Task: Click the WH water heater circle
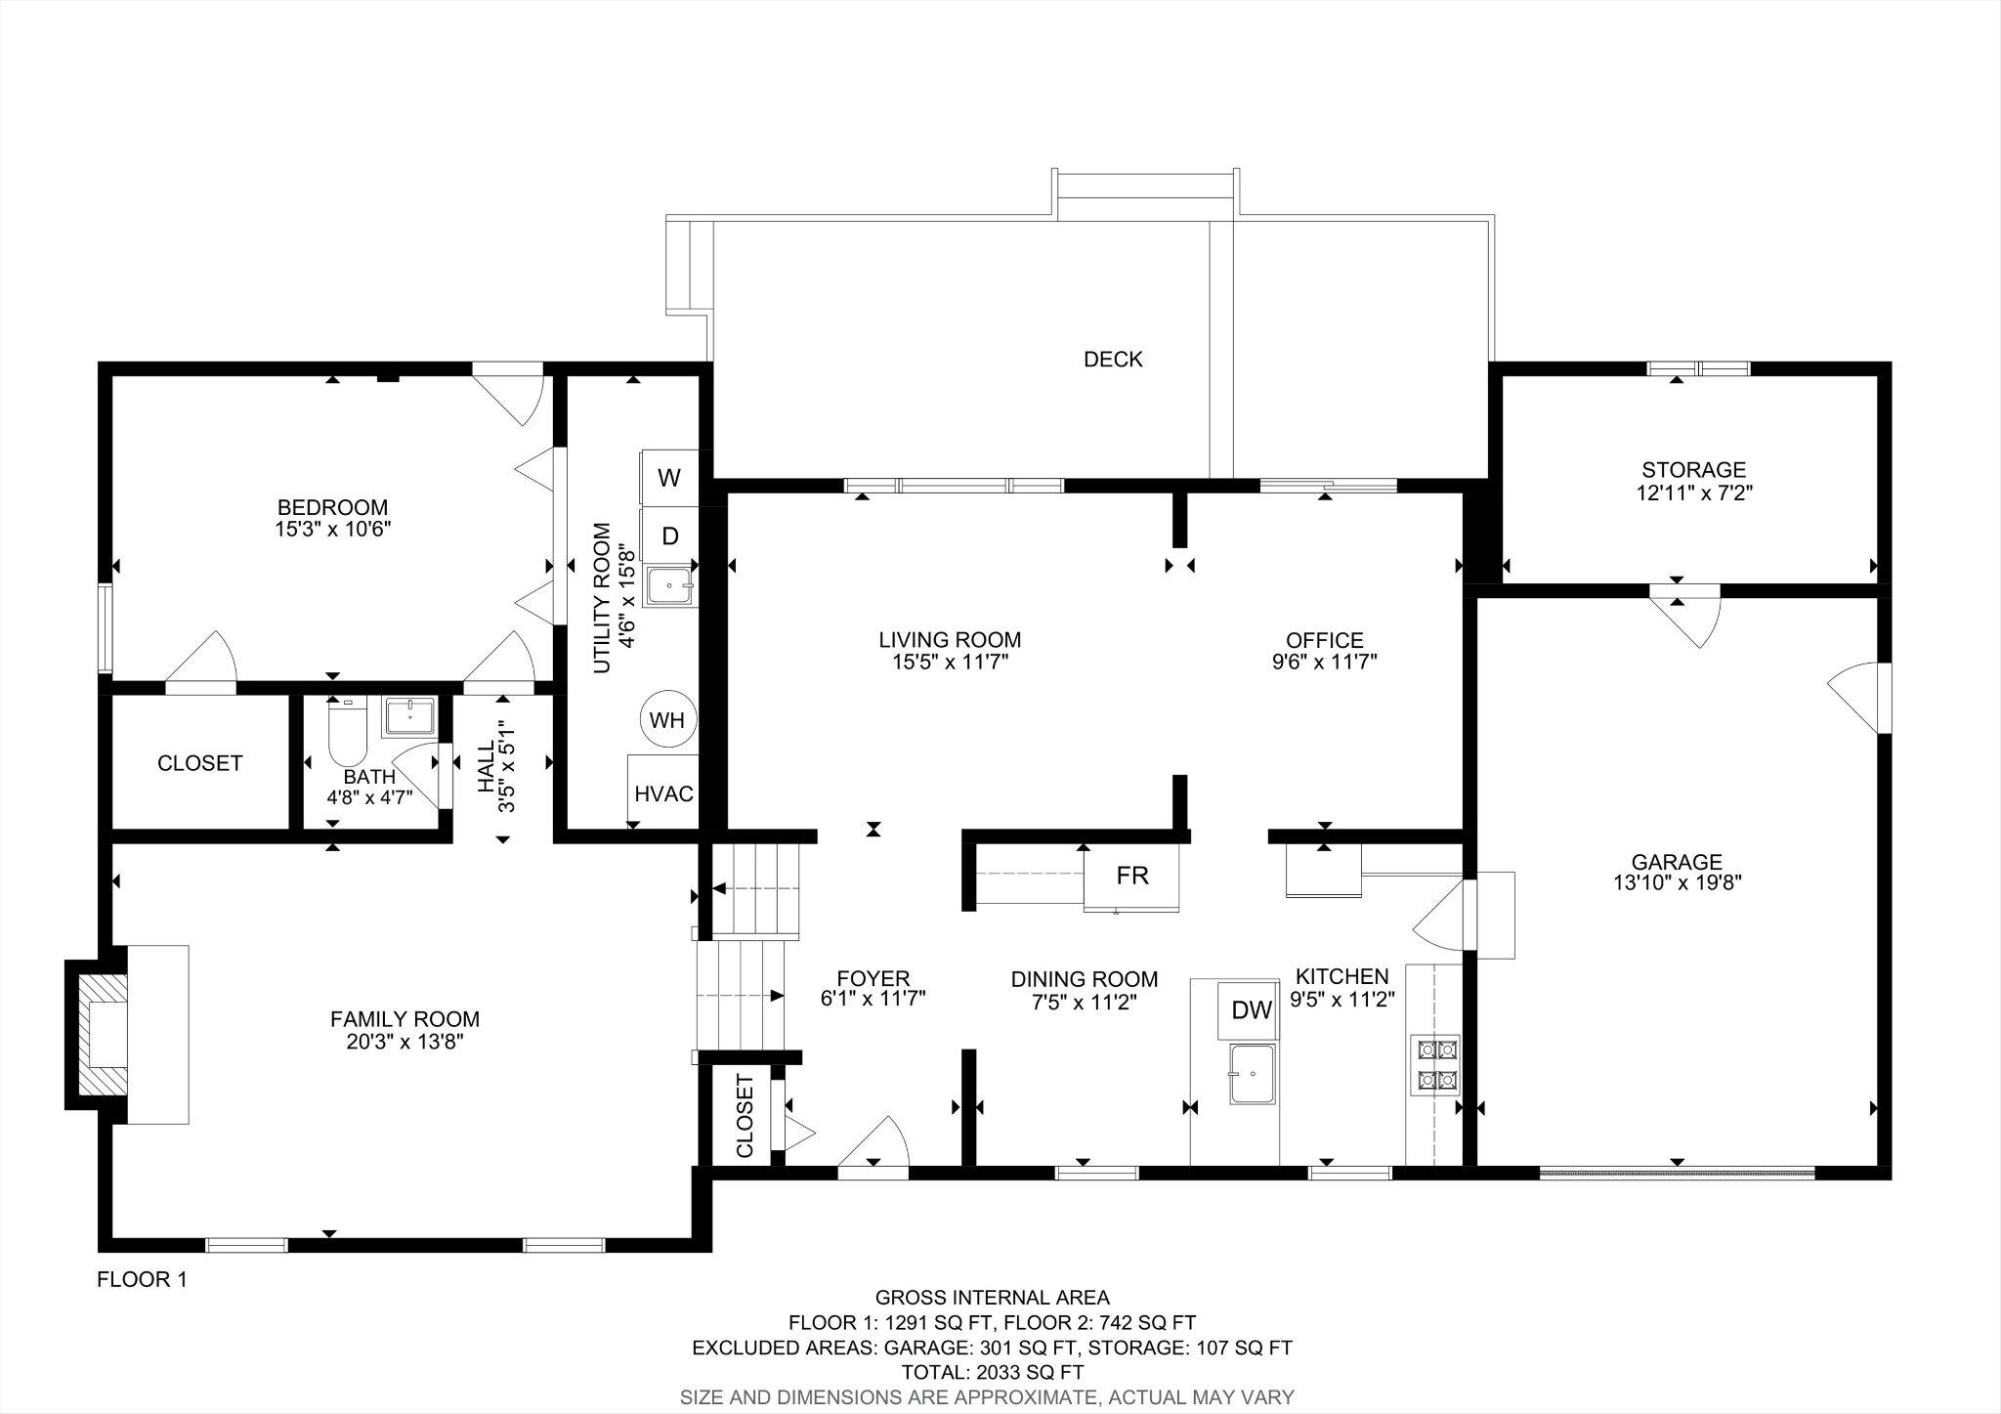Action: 667,721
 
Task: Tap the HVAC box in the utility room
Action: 663,793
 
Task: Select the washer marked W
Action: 669,478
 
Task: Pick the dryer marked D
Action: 670,536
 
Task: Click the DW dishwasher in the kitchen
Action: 1251,1010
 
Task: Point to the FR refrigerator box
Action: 1131,876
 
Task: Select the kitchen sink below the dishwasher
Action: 1253,1073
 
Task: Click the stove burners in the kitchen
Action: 1433,1064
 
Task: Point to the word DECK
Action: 1113,360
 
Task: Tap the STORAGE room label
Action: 1693,470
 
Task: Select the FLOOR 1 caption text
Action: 142,1280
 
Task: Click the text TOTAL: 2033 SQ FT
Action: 992,1372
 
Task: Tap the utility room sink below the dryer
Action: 670,587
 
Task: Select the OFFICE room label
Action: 1324,640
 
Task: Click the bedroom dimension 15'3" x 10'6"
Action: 333,529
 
